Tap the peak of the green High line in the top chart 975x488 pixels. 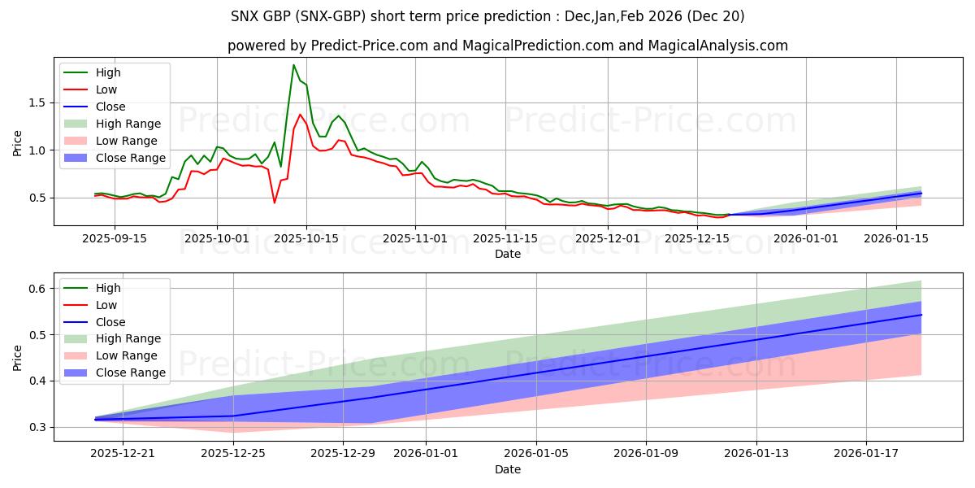pyautogui.click(x=293, y=65)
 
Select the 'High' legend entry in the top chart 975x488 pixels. pyautogui.click(x=108, y=72)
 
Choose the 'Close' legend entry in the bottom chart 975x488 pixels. pyautogui.click(x=110, y=321)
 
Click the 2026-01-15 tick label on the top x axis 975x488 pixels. pyautogui.click(x=896, y=238)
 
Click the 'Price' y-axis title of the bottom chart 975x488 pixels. pyautogui.click(x=18, y=357)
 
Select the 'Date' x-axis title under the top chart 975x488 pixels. pyautogui.click(x=508, y=254)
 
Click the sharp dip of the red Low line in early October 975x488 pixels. pyautogui.click(x=275, y=202)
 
